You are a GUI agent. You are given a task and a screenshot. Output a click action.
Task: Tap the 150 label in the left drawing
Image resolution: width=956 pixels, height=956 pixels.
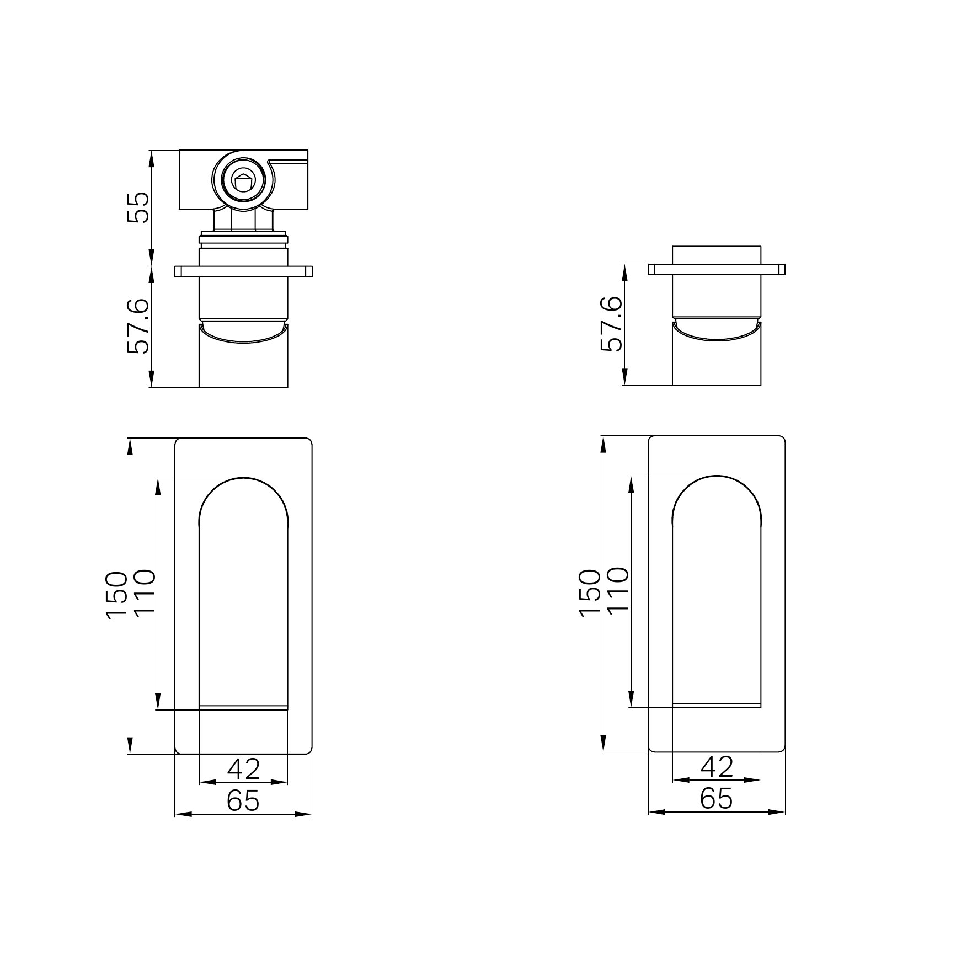coord(118,596)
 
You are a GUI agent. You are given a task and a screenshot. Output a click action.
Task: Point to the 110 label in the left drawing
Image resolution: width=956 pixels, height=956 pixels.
coord(145,592)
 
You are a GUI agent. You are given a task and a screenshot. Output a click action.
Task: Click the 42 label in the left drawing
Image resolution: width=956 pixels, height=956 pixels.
coord(243,769)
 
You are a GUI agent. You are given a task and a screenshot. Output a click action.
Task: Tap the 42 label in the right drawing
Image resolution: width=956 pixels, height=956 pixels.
coord(717,767)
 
